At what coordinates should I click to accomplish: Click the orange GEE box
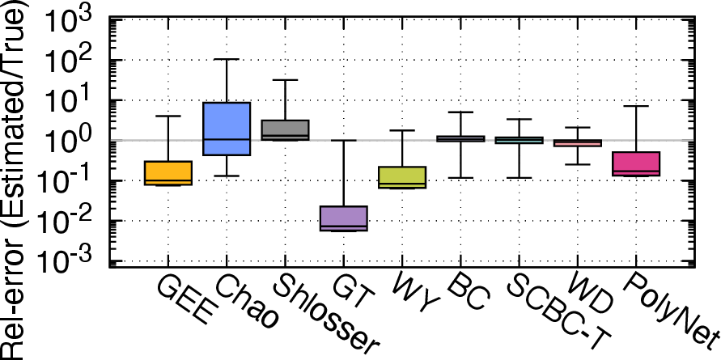pos(168,173)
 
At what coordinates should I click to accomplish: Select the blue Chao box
pos(227,129)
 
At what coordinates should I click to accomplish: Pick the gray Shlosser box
pos(285,130)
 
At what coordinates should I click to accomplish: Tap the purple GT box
pos(343,218)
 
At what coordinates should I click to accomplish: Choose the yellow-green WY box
pos(402,177)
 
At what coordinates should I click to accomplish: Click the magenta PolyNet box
pos(636,163)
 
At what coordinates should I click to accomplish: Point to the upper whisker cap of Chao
pos(227,59)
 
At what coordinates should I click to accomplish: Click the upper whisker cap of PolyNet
pos(636,106)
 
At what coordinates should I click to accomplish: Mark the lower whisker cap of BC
pos(460,178)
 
